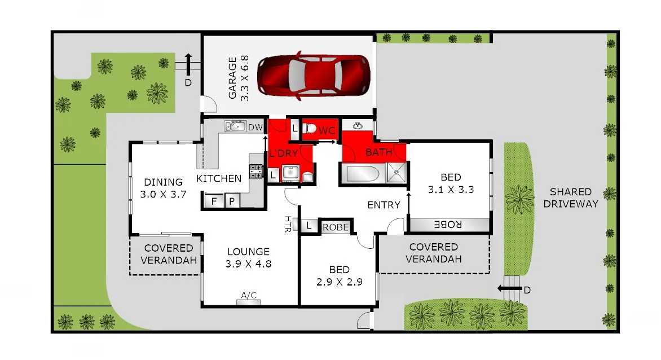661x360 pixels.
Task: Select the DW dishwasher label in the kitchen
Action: (x=255, y=127)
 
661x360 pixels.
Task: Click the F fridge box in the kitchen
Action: (x=214, y=201)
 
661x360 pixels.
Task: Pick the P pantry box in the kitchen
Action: (x=232, y=201)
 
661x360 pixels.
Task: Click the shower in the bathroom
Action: (x=398, y=173)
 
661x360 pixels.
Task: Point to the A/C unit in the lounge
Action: (x=249, y=299)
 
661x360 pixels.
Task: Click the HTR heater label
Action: (x=288, y=224)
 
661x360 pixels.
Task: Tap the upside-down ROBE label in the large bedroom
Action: (x=448, y=225)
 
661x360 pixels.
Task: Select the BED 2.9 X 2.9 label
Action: (x=337, y=275)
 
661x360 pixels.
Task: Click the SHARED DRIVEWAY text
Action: (x=571, y=197)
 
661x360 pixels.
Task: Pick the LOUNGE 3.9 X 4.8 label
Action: (x=248, y=257)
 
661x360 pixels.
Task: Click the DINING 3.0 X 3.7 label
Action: (x=163, y=188)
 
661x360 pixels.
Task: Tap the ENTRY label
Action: (x=384, y=205)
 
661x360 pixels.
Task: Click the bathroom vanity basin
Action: (x=358, y=125)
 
